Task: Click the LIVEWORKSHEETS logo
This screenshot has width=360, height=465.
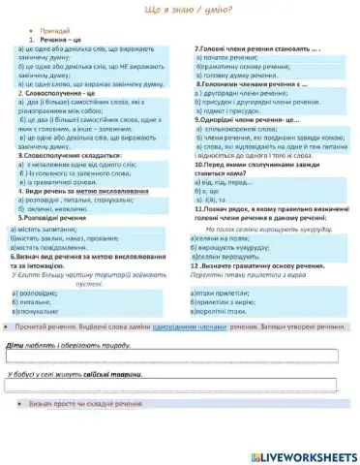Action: [x=303, y=454]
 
